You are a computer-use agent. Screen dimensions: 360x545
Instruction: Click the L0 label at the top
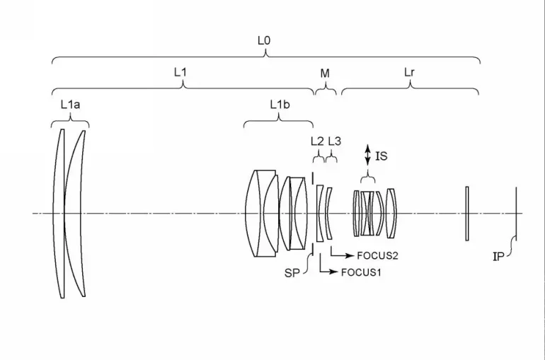(x=263, y=41)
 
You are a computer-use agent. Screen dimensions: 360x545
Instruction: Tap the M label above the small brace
(x=325, y=72)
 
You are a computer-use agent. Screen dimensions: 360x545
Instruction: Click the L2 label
(x=317, y=141)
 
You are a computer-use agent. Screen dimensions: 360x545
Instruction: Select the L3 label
(x=334, y=141)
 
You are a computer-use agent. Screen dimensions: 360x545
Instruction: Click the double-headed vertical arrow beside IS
(x=367, y=156)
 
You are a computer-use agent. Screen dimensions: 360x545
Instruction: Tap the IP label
(x=498, y=257)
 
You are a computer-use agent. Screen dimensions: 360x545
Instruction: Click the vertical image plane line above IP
(x=517, y=212)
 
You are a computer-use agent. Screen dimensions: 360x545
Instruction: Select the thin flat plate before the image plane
(x=466, y=213)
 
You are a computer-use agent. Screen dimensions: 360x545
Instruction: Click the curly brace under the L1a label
(x=70, y=121)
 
